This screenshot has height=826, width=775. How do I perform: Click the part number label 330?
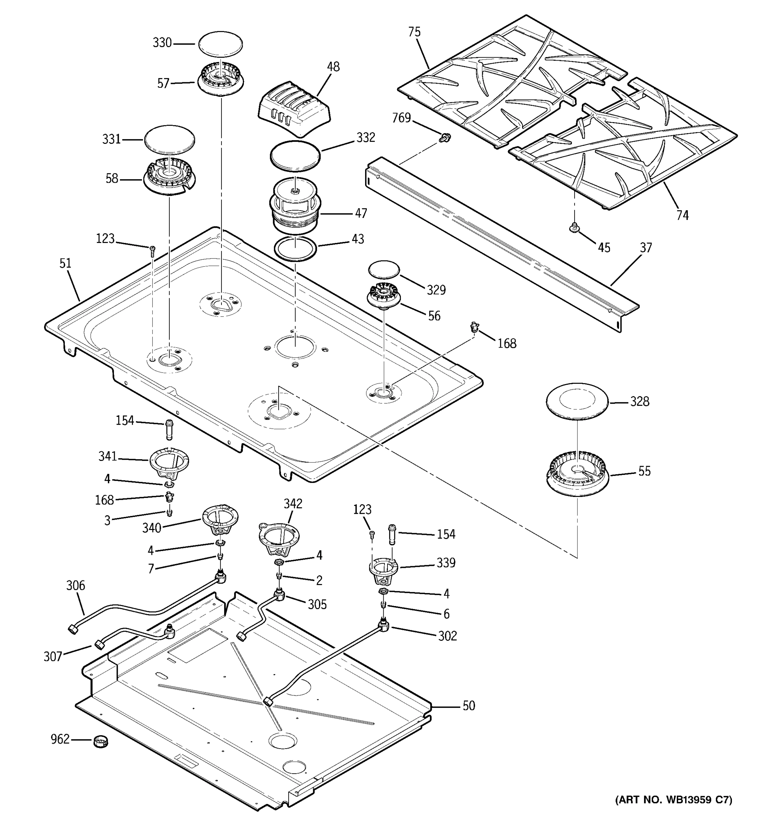[162, 43]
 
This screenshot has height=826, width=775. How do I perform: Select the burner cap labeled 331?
[169, 140]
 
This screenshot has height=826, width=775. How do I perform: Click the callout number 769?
[401, 118]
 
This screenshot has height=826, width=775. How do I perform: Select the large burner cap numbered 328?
[577, 401]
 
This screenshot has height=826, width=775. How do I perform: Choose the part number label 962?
[60, 739]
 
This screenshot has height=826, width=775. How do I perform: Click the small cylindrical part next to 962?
[100, 741]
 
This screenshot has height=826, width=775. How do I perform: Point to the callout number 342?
[293, 504]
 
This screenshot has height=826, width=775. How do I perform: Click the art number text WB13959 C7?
[673, 800]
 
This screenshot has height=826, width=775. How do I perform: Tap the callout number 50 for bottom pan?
[468, 706]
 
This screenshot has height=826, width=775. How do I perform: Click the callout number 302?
[447, 636]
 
